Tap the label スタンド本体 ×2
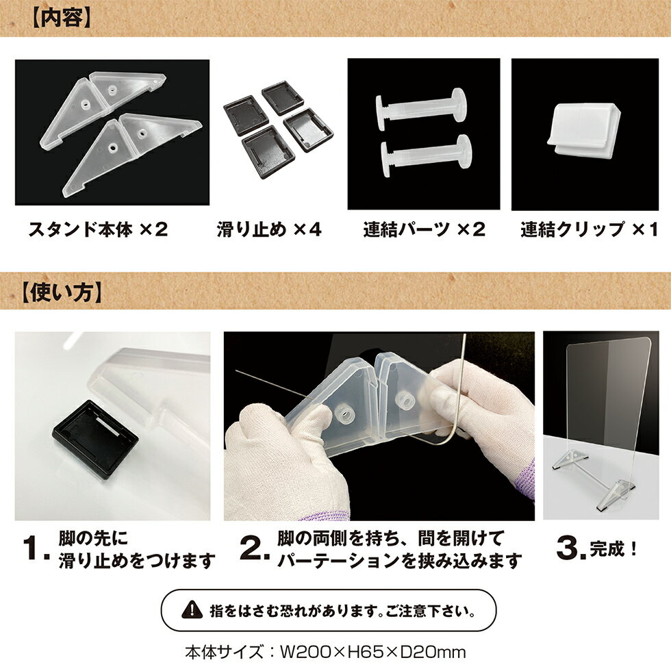[x=97, y=229]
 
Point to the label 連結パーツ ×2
[x=424, y=229]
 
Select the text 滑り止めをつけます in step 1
[x=138, y=561]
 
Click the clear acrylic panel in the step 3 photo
[x=606, y=404]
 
